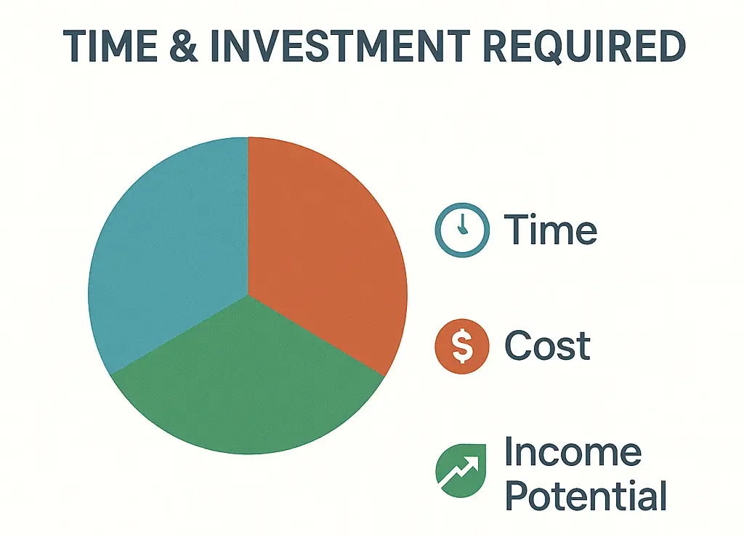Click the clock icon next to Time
click(x=462, y=230)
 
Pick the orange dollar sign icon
click(x=462, y=346)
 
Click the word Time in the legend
click(x=551, y=229)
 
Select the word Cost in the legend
click(x=548, y=345)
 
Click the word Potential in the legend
click(x=586, y=494)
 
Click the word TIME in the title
click(x=110, y=46)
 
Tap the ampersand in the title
click(x=183, y=46)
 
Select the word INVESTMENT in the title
click(x=340, y=46)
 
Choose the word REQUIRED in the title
click(x=584, y=46)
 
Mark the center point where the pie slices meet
click(x=248, y=294)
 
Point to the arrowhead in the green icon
click(x=472, y=462)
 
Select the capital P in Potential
click(x=517, y=494)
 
